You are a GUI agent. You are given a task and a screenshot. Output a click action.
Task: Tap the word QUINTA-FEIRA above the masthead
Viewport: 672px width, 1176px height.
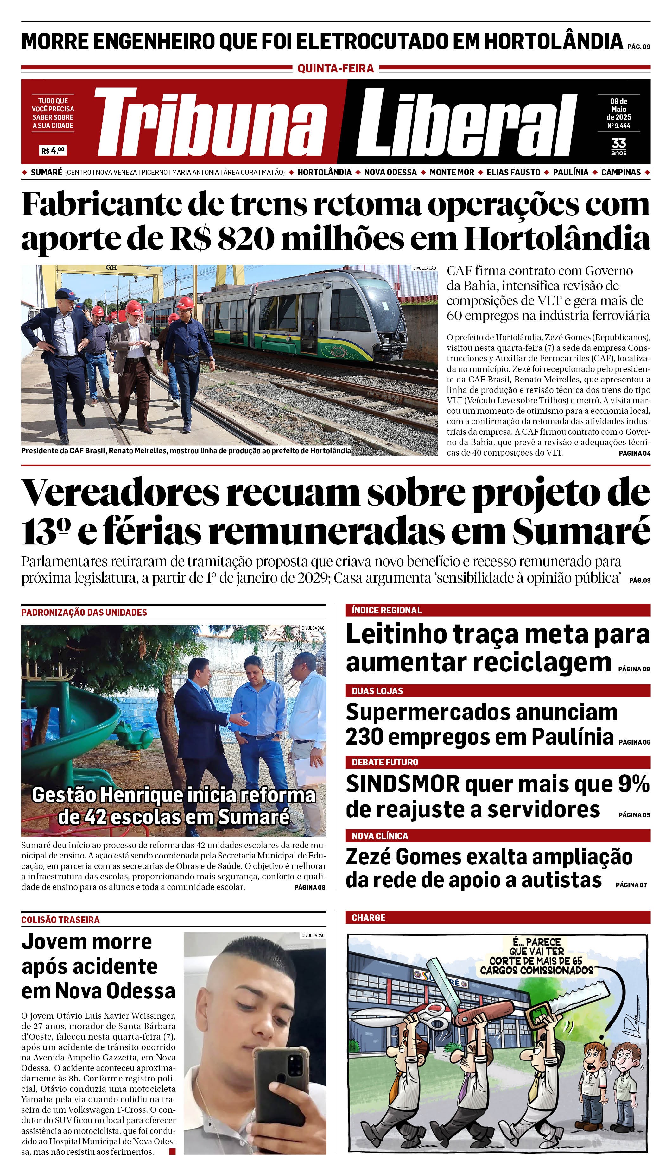(x=336, y=69)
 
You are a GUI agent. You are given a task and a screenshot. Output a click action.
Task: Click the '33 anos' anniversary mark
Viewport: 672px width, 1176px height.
(x=618, y=146)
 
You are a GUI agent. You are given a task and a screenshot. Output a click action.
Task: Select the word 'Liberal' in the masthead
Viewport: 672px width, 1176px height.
(x=466, y=123)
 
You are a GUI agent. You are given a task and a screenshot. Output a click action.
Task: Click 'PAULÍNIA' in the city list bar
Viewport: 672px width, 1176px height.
(x=570, y=172)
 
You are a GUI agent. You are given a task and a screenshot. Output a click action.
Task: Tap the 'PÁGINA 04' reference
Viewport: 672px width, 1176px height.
(x=634, y=453)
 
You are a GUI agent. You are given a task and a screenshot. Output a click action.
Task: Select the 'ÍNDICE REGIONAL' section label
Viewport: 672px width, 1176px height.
(x=387, y=610)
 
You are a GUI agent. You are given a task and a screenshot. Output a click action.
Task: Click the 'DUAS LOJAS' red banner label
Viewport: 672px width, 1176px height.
(x=377, y=691)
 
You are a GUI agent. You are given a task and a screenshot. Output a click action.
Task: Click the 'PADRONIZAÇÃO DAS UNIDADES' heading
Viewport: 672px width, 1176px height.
(x=84, y=612)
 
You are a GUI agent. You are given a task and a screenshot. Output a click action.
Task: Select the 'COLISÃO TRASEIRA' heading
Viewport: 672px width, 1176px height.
(x=60, y=920)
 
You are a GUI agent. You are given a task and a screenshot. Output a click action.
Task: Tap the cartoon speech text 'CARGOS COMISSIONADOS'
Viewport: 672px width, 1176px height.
(x=536, y=970)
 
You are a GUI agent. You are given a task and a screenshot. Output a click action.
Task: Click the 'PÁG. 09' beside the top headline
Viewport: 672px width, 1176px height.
(x=639, y=47)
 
